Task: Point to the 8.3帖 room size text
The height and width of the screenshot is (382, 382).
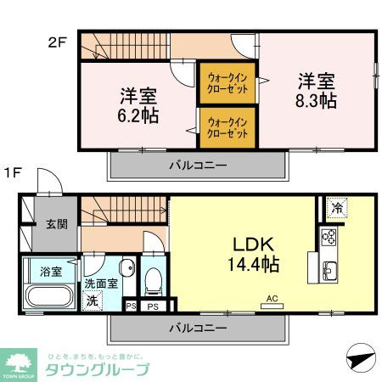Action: (x=316, y=101)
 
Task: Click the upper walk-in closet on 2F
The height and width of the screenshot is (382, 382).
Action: (x=228, y=84)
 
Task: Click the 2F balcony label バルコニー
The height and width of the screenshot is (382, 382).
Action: (x=196, y=165)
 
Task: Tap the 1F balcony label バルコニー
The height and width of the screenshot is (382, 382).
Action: (x=196, y=327)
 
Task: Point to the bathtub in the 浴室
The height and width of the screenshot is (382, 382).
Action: (x=48, y=299)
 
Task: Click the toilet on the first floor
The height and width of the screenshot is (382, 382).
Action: (x=154, y=279)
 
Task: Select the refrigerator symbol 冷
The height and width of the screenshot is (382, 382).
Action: (x=338, y=208)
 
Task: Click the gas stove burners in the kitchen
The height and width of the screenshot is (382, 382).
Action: (x=329, y=237)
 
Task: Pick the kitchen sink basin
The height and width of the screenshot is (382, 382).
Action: (x=330, y=272)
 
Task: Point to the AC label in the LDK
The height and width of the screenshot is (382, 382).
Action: (x=272, y=298)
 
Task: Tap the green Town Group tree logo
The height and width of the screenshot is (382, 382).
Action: (x=20, y=362)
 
